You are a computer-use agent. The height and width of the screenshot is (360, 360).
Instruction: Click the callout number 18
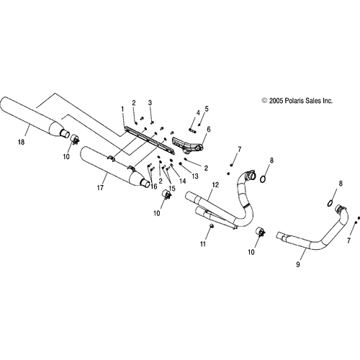[21, 142]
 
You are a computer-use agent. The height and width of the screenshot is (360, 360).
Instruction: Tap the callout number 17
[100, 188]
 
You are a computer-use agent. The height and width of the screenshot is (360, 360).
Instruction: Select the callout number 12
[215, 185]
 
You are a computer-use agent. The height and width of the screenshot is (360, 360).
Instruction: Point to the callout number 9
[298, 264]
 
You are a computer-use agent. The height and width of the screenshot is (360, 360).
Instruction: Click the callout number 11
[203, 244]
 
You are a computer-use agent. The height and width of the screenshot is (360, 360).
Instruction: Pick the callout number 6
[209, 130]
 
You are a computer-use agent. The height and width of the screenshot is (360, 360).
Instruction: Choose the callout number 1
[122, 109]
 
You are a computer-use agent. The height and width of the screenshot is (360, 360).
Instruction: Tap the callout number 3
[150, 103]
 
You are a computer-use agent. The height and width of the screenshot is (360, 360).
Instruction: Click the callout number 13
[195, 176]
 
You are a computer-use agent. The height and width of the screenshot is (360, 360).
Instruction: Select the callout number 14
[183, 181]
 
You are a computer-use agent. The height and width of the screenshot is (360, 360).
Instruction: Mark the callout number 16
[154, 186]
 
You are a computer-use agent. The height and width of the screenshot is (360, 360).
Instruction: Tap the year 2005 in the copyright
[276, 101]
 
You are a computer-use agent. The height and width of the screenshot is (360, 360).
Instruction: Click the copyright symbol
[264, 101]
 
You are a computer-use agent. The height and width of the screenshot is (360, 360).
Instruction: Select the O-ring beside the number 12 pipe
[263, 179]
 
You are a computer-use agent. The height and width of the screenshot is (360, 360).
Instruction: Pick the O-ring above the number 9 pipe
[330, 203]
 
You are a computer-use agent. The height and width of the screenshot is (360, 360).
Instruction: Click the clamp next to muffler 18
[75, 139]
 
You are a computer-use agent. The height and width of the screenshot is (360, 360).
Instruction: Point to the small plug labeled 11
[212, 225]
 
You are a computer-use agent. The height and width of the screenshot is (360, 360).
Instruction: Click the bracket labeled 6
[188, 145]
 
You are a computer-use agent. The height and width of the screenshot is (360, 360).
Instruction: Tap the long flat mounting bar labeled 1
[149, 140]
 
